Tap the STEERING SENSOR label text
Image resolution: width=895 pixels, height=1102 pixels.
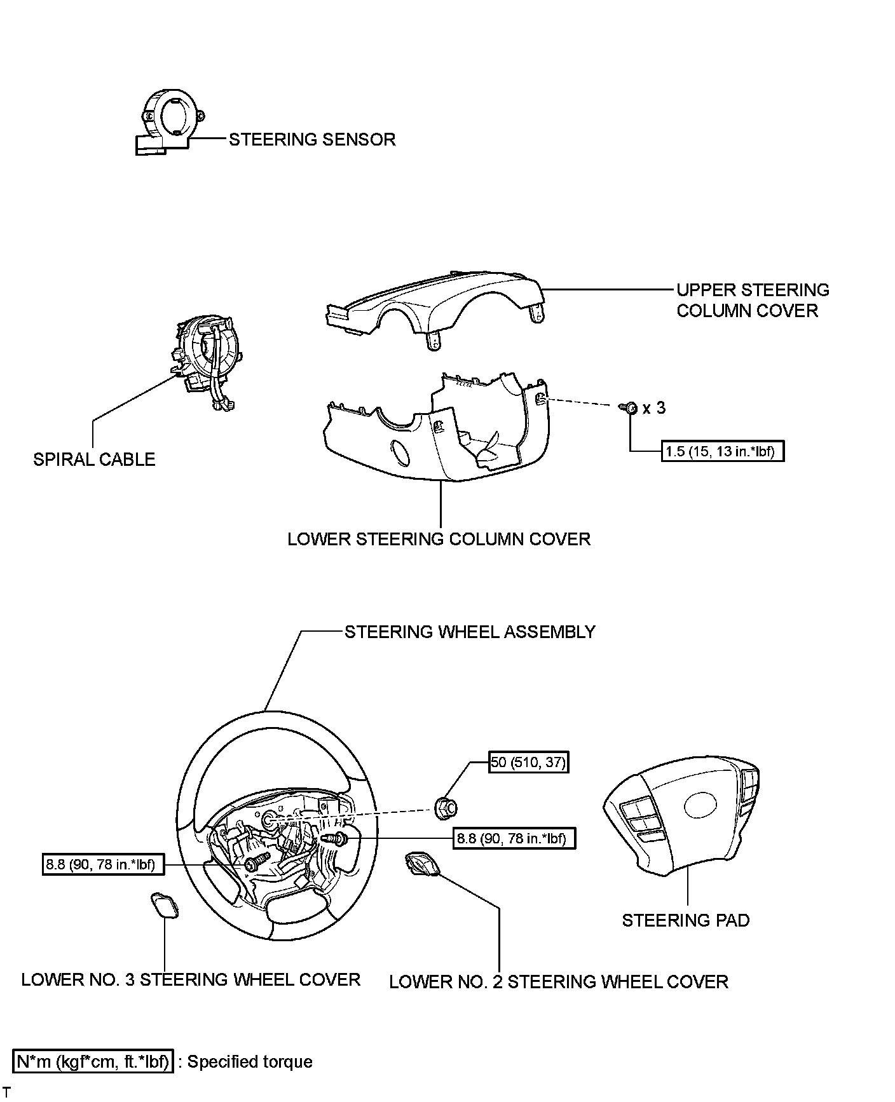point(312,139)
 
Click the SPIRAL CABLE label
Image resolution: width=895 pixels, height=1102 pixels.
point(94,459)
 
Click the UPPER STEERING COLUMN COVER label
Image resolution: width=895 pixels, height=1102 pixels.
point(753,300)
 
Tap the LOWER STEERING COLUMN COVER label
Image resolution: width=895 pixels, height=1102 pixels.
point(439,539)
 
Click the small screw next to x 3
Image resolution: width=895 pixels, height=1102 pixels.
point(630,407)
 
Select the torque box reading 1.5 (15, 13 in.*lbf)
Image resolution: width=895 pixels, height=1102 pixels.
point(723,451)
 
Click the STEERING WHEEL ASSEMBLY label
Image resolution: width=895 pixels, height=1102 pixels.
point(470,632)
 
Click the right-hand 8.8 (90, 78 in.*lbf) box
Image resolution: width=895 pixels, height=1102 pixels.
point(514,838)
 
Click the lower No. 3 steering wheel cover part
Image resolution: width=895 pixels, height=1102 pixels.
point(163,906)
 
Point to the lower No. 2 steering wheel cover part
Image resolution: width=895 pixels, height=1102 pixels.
point(420,865)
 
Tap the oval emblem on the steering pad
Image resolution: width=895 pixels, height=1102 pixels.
point(700,805)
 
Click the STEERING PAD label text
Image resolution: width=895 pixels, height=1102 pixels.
point(685,920)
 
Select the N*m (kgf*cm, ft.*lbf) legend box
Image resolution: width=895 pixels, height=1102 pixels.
point(93,1062)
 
